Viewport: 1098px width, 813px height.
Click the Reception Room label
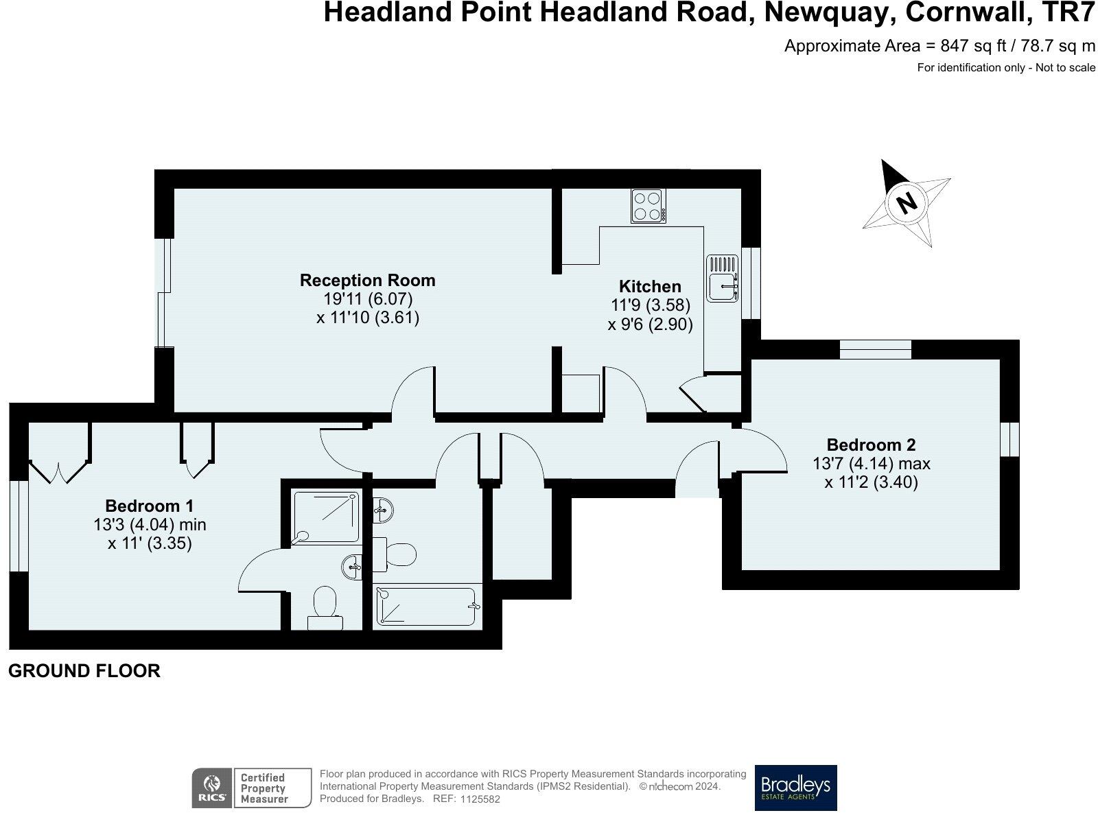coord(367,280)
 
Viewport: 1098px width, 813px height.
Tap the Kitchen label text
coord(650,286)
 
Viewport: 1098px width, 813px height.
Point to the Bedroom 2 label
coord(871,445)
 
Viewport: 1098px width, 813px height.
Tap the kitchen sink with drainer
coord(722,278)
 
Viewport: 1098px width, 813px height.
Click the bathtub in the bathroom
coord(425,606)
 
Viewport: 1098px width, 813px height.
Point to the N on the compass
coord(907,202)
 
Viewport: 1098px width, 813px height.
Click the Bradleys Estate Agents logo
coord(795,788)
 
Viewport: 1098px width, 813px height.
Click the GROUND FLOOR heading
coord(84,671)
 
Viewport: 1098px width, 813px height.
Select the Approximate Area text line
coord(939,46)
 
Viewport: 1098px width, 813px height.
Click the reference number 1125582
coord(480,800)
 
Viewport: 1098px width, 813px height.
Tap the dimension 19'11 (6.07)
coord(368,299)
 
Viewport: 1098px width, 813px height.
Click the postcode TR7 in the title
coord(1066,12)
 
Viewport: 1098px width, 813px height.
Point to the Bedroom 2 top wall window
coord(876,349)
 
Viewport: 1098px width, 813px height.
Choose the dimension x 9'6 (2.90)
coord(650,324)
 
